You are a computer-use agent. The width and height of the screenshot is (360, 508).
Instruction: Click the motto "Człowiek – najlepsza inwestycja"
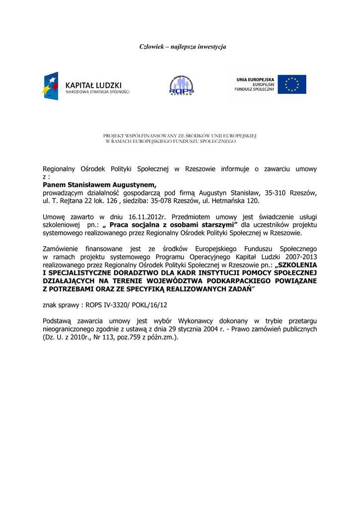[182, 47]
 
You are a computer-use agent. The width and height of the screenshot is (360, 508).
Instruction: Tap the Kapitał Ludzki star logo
[51, 86]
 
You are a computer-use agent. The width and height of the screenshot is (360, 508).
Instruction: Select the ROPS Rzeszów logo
[182, 85]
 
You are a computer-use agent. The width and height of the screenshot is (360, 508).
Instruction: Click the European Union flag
[291, 84]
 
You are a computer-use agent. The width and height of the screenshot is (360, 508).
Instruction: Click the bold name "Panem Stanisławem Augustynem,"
[100, 185]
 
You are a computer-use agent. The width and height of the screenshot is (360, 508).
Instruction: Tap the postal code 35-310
[277, 192]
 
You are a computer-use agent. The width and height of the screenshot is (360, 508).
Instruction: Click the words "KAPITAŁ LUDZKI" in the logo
[93, 85]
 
